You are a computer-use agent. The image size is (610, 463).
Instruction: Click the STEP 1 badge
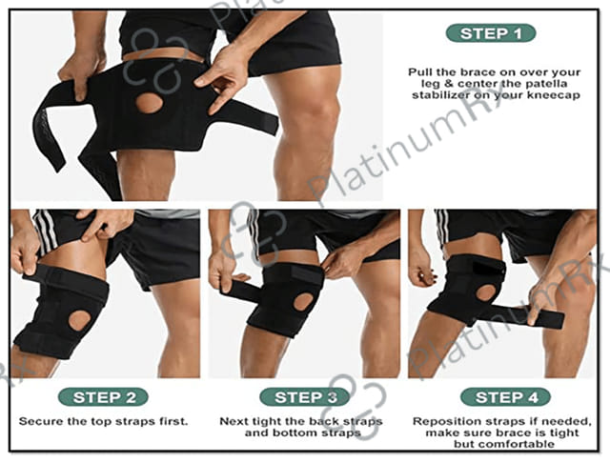491,33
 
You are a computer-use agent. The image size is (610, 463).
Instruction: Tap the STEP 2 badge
103,397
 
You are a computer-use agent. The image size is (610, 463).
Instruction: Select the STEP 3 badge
305,397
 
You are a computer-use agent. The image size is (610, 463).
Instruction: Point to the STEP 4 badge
505,397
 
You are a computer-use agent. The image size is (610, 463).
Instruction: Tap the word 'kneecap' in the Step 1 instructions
554,95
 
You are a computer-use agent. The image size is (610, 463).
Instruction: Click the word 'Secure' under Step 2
40,421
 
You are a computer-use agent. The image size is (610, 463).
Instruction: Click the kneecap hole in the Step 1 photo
149,103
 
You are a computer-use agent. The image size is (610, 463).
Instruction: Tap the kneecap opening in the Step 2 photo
80,320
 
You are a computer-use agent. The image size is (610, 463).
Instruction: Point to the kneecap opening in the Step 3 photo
303,302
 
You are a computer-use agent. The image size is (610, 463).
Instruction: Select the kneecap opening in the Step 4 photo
485,292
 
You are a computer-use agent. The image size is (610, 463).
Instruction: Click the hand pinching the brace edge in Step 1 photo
222,78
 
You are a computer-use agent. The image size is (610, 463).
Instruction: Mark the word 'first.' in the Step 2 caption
173,421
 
